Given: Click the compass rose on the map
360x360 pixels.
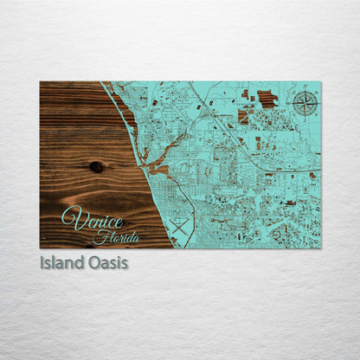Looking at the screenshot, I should click(x=304, y=103).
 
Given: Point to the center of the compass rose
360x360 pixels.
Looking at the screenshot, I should click(x=304, y=103).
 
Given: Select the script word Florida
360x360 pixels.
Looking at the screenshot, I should click(x=115, y=236).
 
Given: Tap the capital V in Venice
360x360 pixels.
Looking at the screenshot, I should click(x=70, y=218).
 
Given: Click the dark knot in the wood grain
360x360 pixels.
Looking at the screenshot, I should click(x=96, y=166).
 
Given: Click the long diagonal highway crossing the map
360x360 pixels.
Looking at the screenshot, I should click(x=234, y=130).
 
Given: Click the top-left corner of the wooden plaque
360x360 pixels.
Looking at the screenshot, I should click(x=40, y=81).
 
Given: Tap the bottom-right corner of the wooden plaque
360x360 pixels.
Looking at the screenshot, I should click(x=320, y=248).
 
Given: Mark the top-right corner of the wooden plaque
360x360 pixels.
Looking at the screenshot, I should click(x=320, y=81).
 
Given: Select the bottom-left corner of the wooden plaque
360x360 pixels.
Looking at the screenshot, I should click(x=40, y=248).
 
